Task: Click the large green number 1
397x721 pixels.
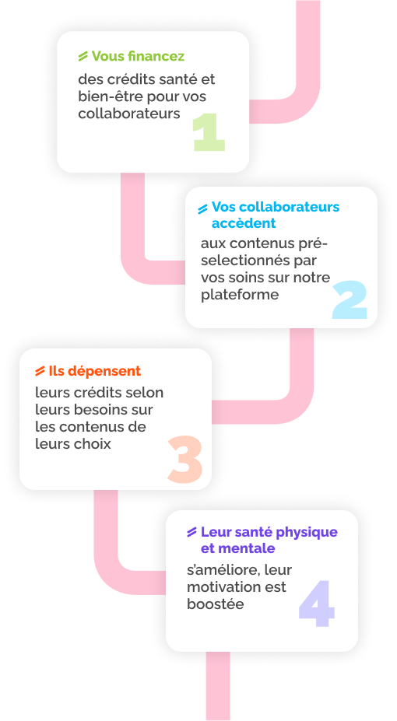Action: pos(209,133)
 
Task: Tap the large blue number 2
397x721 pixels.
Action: pos(350,300)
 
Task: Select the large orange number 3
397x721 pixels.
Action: pos(185,460)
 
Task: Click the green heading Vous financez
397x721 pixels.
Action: pos(138,56)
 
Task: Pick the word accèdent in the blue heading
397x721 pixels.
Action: pos(244,223)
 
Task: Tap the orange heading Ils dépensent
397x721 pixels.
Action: pos(95,371)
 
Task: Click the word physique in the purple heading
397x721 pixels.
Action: pos(309,533)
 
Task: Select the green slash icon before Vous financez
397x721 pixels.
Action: pos(83,57)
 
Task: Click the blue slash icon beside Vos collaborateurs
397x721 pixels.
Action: pos(203,209)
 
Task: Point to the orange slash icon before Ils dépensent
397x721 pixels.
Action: pos(40,371)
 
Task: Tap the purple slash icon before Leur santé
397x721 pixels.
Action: pos(192,533)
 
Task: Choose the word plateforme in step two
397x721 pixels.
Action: pos(240,296)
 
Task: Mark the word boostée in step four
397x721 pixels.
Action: pos(216,604)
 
